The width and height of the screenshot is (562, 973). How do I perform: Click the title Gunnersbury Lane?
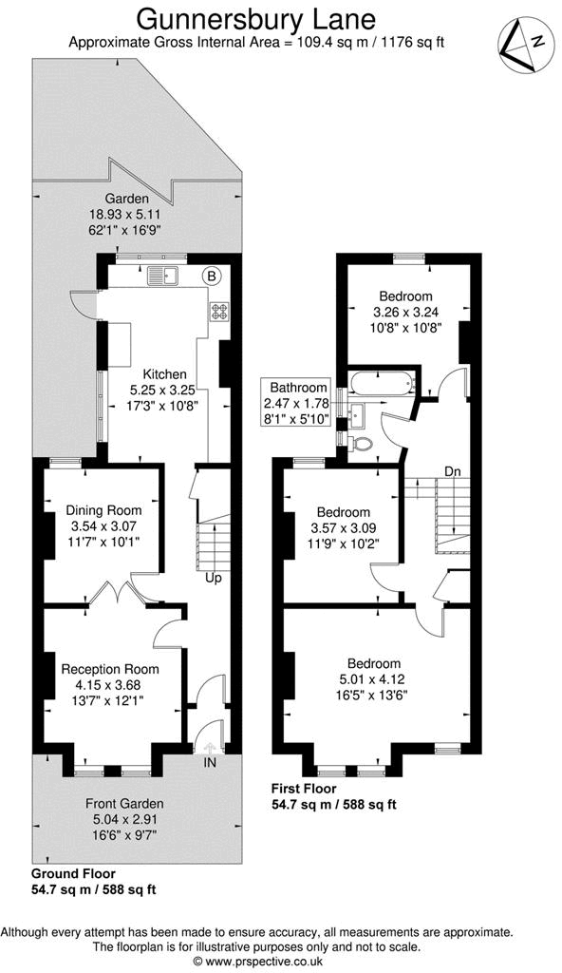pyautogui.click(x=256, y=18)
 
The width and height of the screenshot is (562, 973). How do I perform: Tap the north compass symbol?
pyautogui.click(x=522, y=47)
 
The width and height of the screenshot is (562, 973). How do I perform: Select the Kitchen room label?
pyautogui.click(x=164, y=373)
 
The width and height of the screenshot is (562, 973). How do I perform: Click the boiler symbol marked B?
pyautogui.click(x=212, y=277)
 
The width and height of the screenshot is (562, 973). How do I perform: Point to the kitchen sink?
pyautogui.click(x=161, y=277)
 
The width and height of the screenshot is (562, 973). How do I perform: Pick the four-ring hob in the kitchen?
pyautogui.click(x=219, y=311)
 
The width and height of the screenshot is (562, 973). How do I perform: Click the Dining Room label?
pyautogui.click(x=103, y=510)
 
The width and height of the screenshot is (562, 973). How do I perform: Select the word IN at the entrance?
pyautogui.click(x=208, y=762)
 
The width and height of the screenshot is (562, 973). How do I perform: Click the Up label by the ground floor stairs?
pyautogui.click(x=214, y=577)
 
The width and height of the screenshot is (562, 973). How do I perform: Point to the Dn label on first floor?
pyautogui.click(x=453, y=472)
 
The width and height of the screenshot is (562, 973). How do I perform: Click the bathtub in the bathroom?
pyautogui.click(x=382, y=385)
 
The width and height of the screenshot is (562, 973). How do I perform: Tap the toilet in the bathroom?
pyautogui.click(x=362, y=443)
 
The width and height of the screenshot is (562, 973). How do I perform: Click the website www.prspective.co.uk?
pyautogui.click(x=257, y=962)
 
